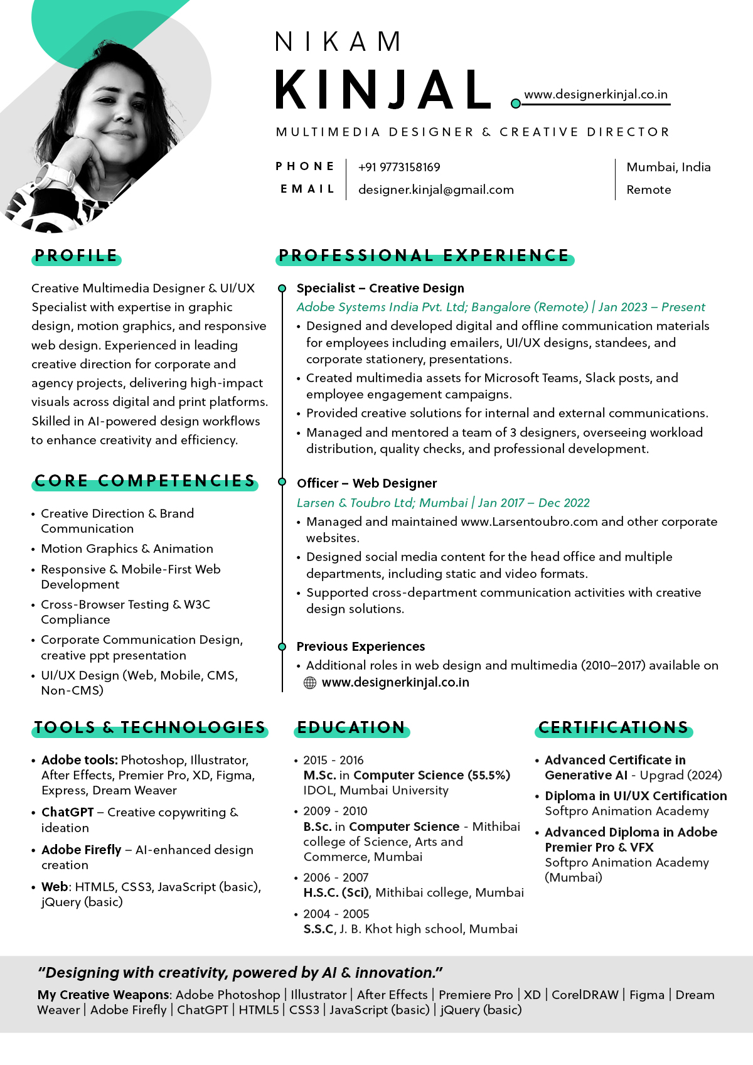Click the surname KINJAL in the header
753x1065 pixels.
point(383,90)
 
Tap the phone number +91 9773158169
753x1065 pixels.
point(399,168)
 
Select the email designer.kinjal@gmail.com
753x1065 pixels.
point(435,190)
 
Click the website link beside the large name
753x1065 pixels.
point(595,95)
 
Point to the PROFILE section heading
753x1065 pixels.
point(76,256)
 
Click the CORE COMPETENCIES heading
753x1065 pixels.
point(145,481)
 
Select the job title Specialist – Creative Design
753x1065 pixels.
point(380,288)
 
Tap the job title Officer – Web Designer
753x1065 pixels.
point(366,483)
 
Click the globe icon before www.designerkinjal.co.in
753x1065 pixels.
point(310,683)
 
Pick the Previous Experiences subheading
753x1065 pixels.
point(361,646)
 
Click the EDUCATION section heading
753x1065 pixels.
point(351,728)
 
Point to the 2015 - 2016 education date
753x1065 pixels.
point(333,760)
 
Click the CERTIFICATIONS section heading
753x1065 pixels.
point(614,728)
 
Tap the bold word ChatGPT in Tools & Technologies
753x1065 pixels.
point(68,812)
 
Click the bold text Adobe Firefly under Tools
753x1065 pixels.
point(82,850)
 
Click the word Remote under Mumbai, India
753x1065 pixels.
point(649,190)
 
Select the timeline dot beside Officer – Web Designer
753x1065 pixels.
point(282,482)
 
